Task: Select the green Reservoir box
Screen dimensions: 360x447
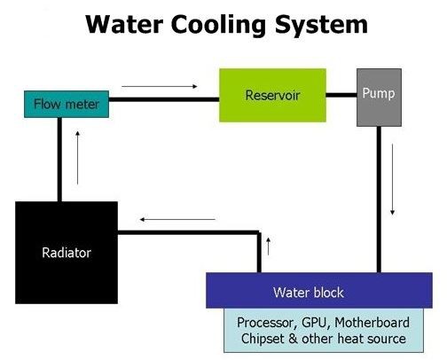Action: pyautogui.click(x=272, y=94)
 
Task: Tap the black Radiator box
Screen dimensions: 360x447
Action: pyautogui.click(x=67, y=252)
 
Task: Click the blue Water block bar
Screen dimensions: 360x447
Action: pyautogui.click(x=319, y=291)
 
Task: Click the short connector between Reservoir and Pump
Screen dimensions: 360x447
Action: pyautogui.click(x=341, y=94)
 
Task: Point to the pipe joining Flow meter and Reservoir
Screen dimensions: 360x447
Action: pyautogui.click(x=164, y=99)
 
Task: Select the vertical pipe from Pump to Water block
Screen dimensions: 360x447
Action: pyautogui.click(x=379, y=200)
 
